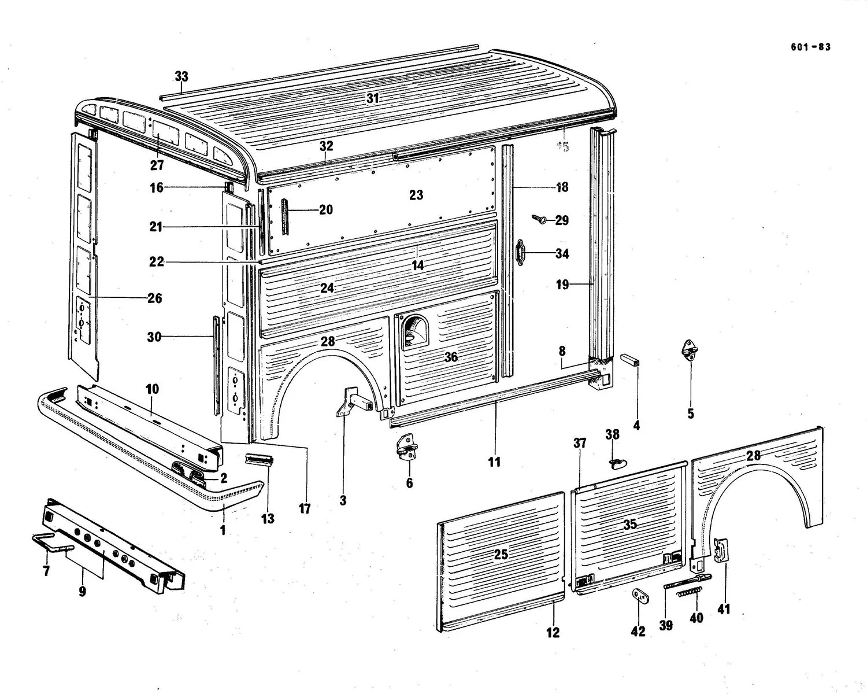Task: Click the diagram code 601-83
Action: point(810,47)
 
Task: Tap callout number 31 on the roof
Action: point(372,98)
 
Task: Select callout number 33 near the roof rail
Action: point(181,77)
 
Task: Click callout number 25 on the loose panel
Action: point(501,554)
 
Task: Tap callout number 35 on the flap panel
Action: point(629,524)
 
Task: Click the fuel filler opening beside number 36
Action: point(413,333)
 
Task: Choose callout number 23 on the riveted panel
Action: point(416,195)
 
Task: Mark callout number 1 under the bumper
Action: point(223,529)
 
